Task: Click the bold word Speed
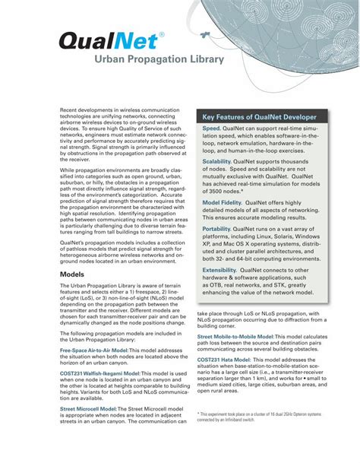click(211, 130)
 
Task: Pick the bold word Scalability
click(217, 162)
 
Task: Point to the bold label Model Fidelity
click(222, 204)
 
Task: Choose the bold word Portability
click(216, 228)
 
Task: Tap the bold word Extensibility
click(219, 270)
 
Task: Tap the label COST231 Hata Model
click(223, 360)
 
